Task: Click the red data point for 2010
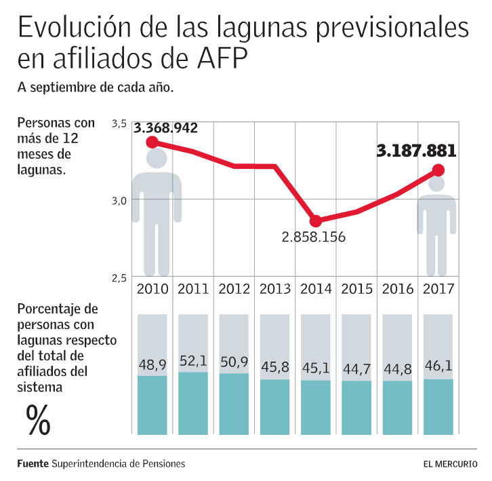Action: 152,142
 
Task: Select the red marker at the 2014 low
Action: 315,221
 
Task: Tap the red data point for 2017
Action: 438,170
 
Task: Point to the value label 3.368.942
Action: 165,127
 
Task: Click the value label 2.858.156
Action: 314,237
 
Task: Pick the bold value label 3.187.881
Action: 416,151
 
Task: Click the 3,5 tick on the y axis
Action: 119,123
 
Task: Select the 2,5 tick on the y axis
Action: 119,277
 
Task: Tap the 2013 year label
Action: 274,289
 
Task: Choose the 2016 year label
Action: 398,289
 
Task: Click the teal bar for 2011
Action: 193,402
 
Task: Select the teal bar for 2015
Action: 356,407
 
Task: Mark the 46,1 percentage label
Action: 438,367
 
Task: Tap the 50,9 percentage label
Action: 234,362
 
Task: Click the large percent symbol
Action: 39,419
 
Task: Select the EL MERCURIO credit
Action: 449,464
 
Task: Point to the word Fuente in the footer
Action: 33,464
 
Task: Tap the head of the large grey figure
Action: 157,159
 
